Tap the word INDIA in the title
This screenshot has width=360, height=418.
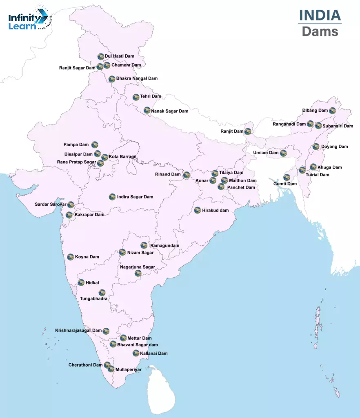click(x=320, y=15)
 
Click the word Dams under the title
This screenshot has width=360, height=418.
click(x=320, y=31)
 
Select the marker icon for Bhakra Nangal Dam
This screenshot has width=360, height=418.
click(x=112, y=79)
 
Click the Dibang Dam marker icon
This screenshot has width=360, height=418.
click(x=332, y=111)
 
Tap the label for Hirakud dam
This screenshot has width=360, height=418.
click(x=215, y=211)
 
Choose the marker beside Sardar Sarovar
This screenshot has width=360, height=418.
click(x=71, y=205)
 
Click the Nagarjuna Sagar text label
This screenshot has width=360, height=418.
click(x=138, y=267)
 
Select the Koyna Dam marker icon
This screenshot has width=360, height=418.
click(x=71, y=257)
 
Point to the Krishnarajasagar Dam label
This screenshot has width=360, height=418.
click(x=78, y=330)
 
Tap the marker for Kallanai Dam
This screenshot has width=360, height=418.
click(x=136, y=353)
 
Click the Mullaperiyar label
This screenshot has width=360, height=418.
click(x=129, y=369)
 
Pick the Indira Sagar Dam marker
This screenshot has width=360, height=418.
click(x=112, y=197)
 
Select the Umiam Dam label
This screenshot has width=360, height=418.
click(x=266, y=153)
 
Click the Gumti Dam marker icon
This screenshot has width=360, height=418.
click(x=287, y=177)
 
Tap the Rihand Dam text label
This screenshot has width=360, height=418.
click(x=168, y=174)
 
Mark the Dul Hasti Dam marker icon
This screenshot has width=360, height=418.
click(x=100, y=56)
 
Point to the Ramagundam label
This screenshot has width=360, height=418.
click(x=164, y=246)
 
